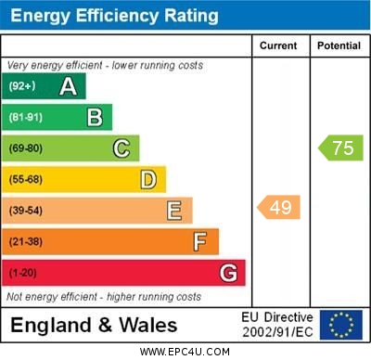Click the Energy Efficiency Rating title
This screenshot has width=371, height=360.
coord(114,16)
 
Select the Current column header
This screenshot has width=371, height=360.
coord(278,45)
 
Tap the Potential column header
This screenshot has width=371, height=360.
coord(339,45)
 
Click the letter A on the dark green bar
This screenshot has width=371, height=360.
coord(68,86)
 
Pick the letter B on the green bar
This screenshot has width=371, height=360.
coord(95,117)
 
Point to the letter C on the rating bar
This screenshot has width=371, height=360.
coord(122,148)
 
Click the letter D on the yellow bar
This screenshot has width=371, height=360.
coord(148,179)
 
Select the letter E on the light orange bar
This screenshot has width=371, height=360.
coord(174,211)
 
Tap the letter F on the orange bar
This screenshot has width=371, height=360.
coord(200,242)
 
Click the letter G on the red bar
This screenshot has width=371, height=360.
coord(228,273)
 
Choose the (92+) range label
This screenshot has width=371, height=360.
coord(21,86)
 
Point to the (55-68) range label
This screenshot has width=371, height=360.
coord(25,179)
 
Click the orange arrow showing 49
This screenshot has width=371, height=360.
coord(278,207)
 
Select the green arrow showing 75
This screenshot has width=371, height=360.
coord(340,148)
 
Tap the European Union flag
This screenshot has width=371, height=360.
coord(341,325)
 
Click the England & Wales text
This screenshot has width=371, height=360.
coord(93,325)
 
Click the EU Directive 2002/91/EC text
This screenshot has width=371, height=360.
coord(277,325)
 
